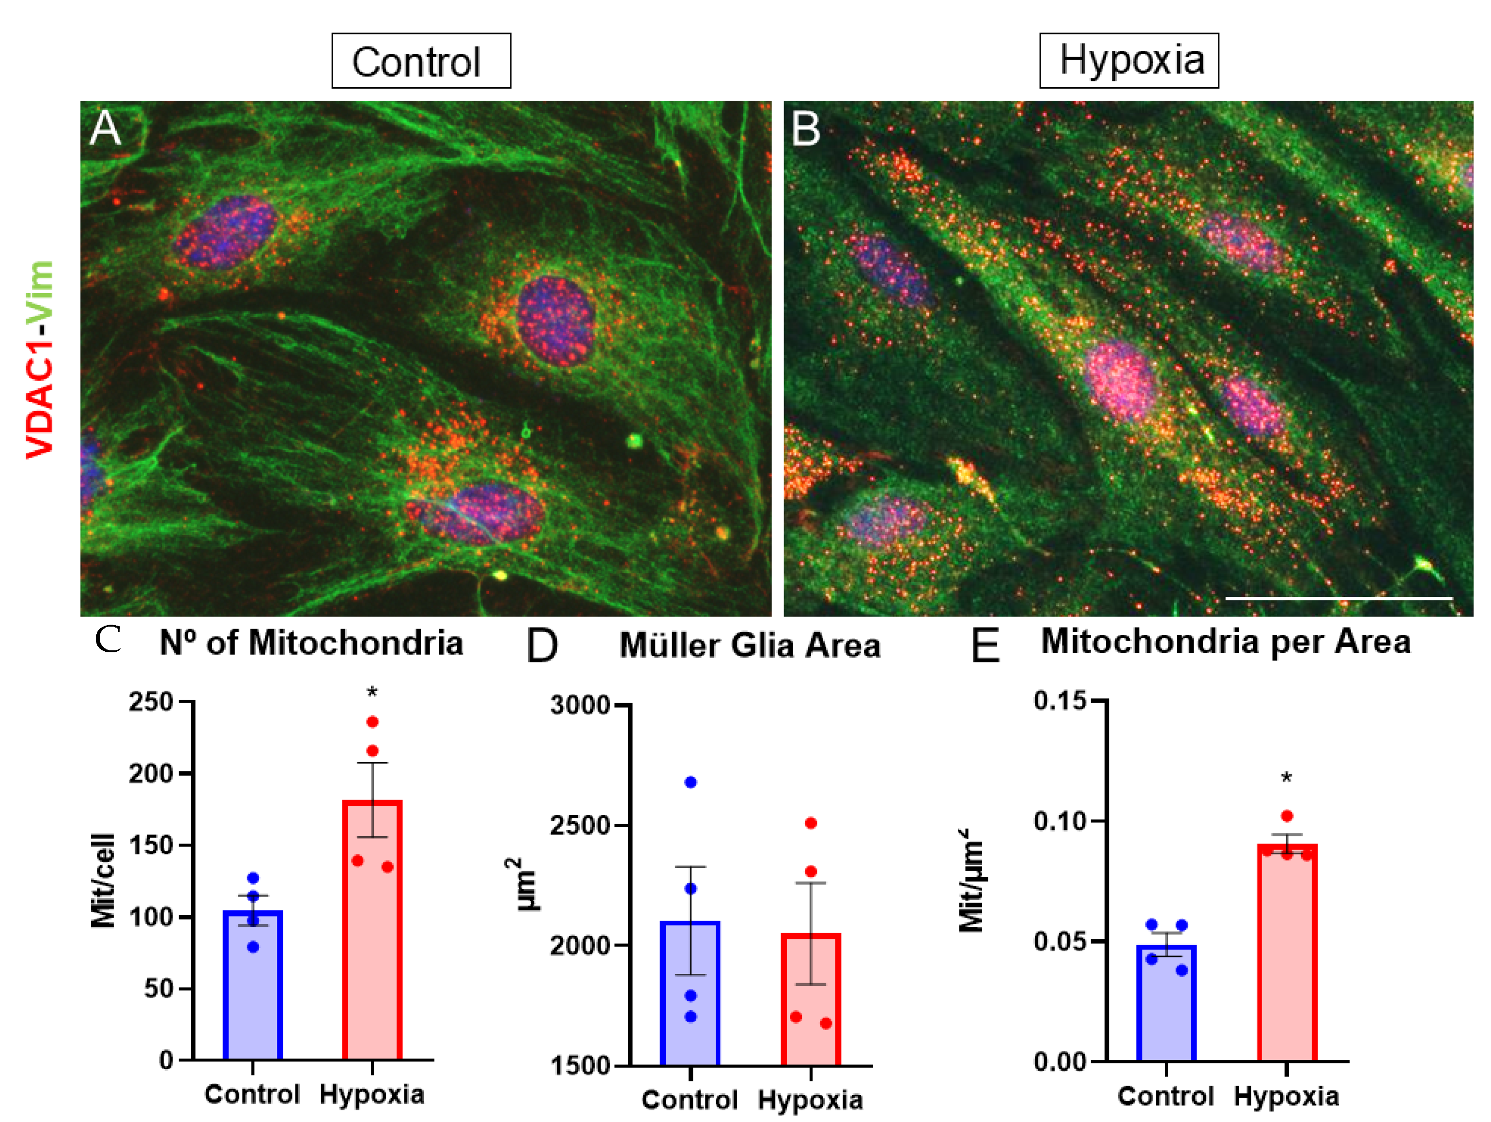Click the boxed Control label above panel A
421,61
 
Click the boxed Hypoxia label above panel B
1129,60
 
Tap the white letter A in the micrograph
105,128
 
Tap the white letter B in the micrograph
806,129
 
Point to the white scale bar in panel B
1337,598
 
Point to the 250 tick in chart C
152,702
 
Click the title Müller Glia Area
750,646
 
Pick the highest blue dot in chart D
690,783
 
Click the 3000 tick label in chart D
580,706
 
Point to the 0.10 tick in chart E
1060,821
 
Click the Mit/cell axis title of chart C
103,881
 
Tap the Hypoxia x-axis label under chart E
1286,1096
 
